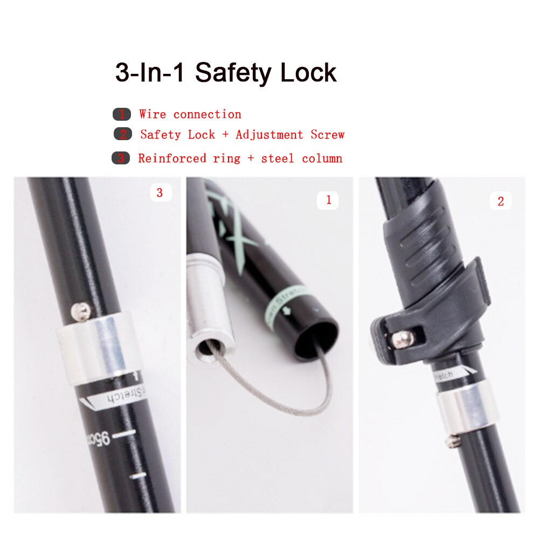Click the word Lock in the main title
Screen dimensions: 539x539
[308, 73]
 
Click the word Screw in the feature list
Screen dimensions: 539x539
[327, 135]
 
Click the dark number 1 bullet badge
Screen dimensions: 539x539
[121, 114]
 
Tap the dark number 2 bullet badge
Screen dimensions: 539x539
[122, 135]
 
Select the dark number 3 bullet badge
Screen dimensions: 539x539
[121, 158]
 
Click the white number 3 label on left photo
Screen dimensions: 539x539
[160, 192]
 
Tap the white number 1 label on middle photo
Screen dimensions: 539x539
[328, 201]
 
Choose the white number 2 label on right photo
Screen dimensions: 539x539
[500, 202]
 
